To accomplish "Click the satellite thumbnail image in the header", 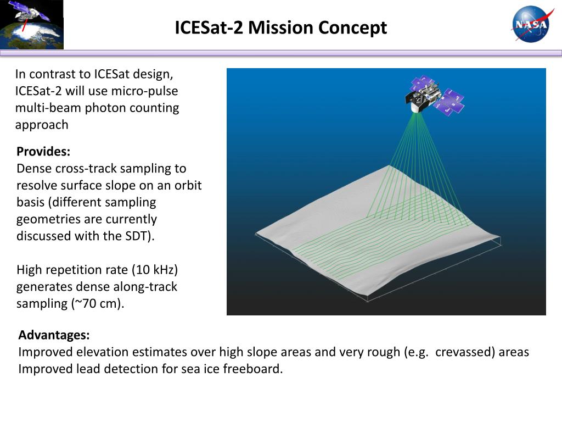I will [x=32, y=25].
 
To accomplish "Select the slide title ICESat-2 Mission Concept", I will [x=280, y=27].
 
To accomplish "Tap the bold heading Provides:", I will [x=43, y=152].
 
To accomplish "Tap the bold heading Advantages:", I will [x=54, y=335].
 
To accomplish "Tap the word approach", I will [x=42, y=125].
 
